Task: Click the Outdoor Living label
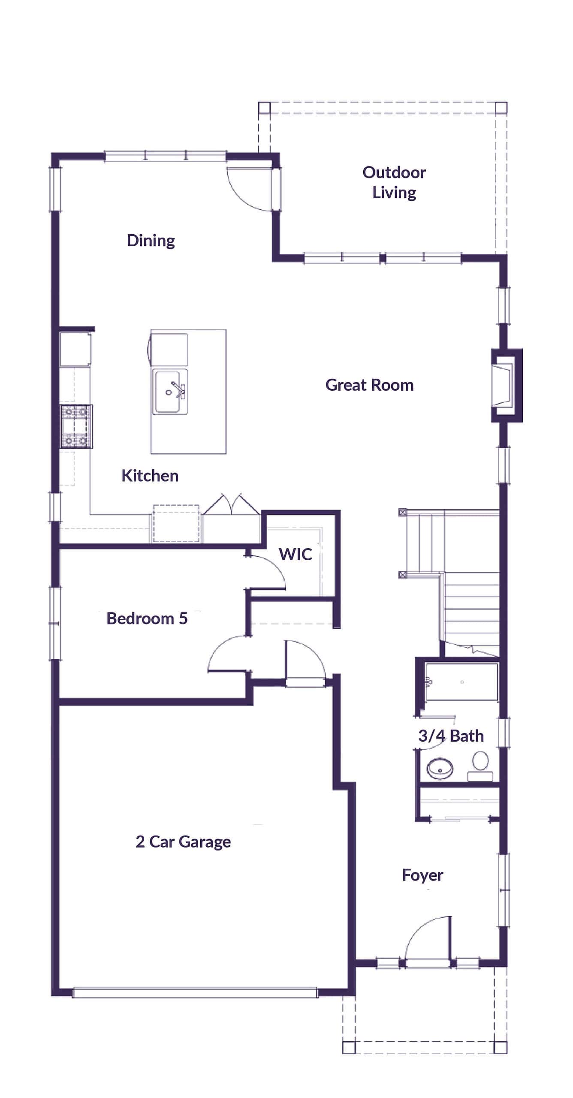pos(394,182)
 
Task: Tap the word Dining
pos(151,241)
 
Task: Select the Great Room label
pos(369,385)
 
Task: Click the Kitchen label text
pos(150,476)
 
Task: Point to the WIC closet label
pos(295,554)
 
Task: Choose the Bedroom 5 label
pos(147,618)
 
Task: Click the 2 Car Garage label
pos(183,842)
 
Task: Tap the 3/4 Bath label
pos(451,736)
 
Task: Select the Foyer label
pos(422,875)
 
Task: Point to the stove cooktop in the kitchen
pos(76,427)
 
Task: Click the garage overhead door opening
pos(195,992)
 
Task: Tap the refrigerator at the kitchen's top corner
pos(75,349)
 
